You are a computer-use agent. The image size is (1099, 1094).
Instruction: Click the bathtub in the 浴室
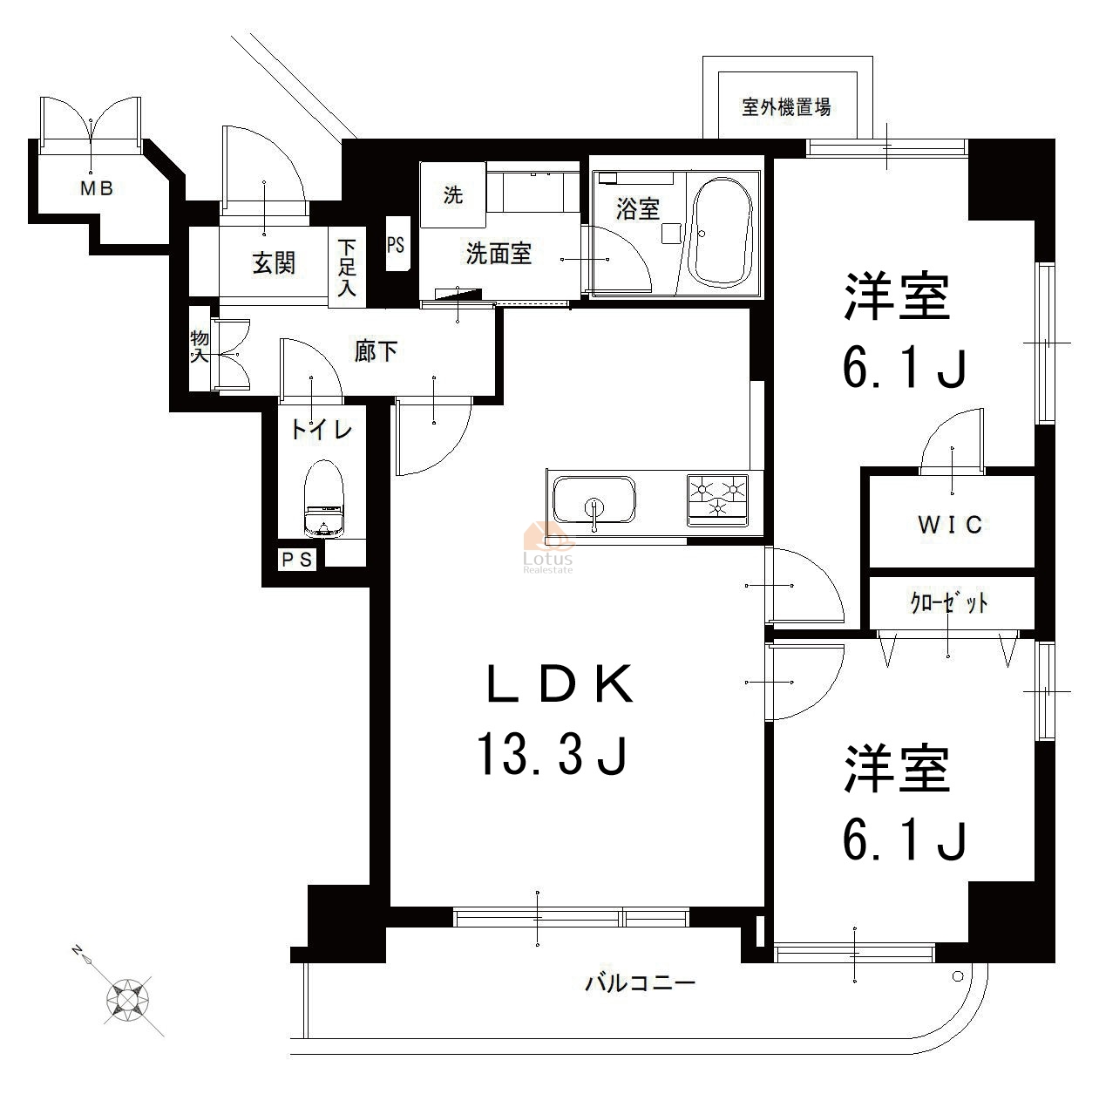719,234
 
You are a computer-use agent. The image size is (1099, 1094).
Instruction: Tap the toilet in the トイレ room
324,499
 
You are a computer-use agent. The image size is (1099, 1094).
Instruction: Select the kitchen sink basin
594,499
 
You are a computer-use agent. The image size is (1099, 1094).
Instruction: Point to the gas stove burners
718,499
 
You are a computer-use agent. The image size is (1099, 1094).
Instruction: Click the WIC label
950,524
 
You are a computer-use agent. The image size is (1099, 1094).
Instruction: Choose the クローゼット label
949,602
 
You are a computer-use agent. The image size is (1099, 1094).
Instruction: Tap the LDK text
560,683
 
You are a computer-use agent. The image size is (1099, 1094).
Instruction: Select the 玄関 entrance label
274,263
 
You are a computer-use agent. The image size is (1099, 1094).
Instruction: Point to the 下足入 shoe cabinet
347,267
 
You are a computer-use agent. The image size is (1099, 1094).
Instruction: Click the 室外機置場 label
786,106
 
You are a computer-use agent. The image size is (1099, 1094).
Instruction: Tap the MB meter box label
97,187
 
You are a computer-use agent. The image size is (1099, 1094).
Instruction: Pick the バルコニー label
640,983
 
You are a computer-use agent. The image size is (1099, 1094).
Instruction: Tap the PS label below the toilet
297,560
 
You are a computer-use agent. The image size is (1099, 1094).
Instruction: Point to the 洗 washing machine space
453,195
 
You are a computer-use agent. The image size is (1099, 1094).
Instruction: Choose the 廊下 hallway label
376,351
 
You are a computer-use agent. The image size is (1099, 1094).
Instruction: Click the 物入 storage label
199,346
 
